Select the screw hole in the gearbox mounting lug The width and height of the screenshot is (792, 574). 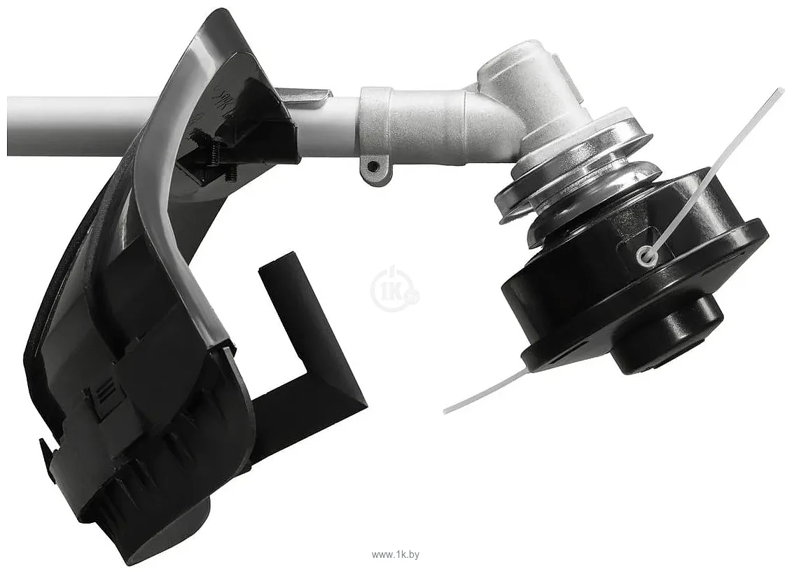point(373,166)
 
